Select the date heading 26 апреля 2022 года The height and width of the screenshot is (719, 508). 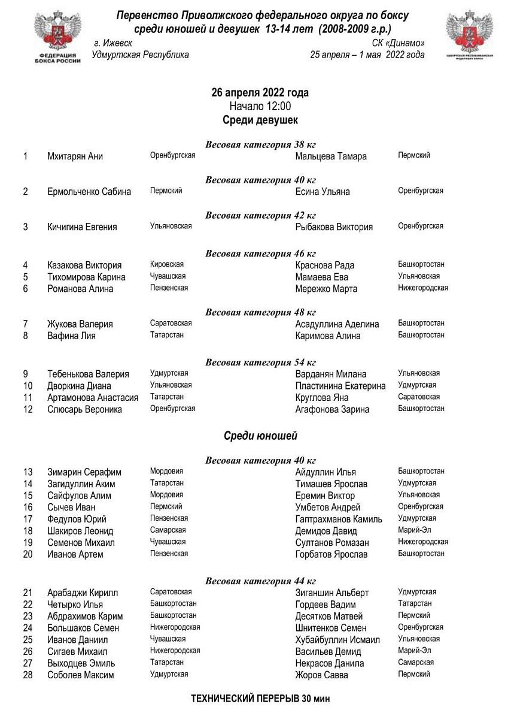[x=260, y=93]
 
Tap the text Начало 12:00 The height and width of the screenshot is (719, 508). [x=260, y=106]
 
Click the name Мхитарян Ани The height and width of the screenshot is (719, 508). [x=75, y=156]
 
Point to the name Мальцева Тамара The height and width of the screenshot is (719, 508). [x=331, y=156]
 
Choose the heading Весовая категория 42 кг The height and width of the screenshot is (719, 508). [x=260, y=215]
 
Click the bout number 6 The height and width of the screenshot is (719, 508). [x=26, y=289]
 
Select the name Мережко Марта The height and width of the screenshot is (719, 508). [x=326, y=289]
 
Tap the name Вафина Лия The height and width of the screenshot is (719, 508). [x=71, y=336]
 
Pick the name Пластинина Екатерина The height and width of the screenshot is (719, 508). [x=340, y=386]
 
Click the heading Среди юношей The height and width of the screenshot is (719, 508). [x=260, y=436]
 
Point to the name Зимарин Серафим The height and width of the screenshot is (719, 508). [x=84, y=472]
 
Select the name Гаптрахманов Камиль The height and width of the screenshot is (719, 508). [x=339, y=519]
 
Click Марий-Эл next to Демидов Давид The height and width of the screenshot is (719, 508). [x=415, y=530]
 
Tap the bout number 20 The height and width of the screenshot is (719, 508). [x=28, y=554]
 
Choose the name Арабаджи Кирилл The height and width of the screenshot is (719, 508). [x=83, y=593]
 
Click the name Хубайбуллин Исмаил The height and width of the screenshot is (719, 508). [x=337, y=640]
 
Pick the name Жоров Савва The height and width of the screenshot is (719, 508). [x=321, y=675]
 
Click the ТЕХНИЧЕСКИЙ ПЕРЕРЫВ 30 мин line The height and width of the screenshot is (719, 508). [x=260, y=699]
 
